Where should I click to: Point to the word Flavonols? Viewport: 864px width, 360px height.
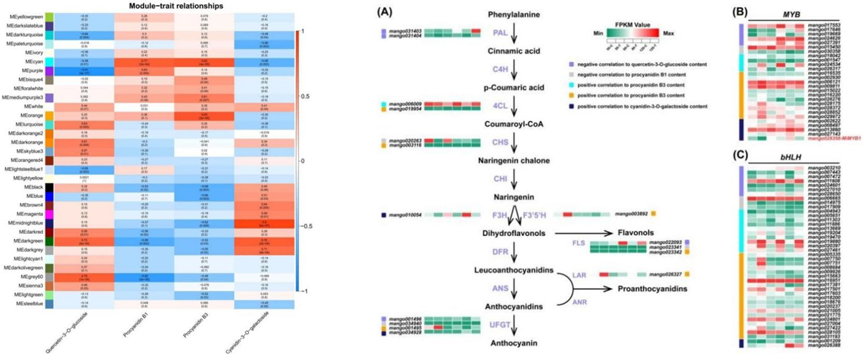point(633,233)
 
